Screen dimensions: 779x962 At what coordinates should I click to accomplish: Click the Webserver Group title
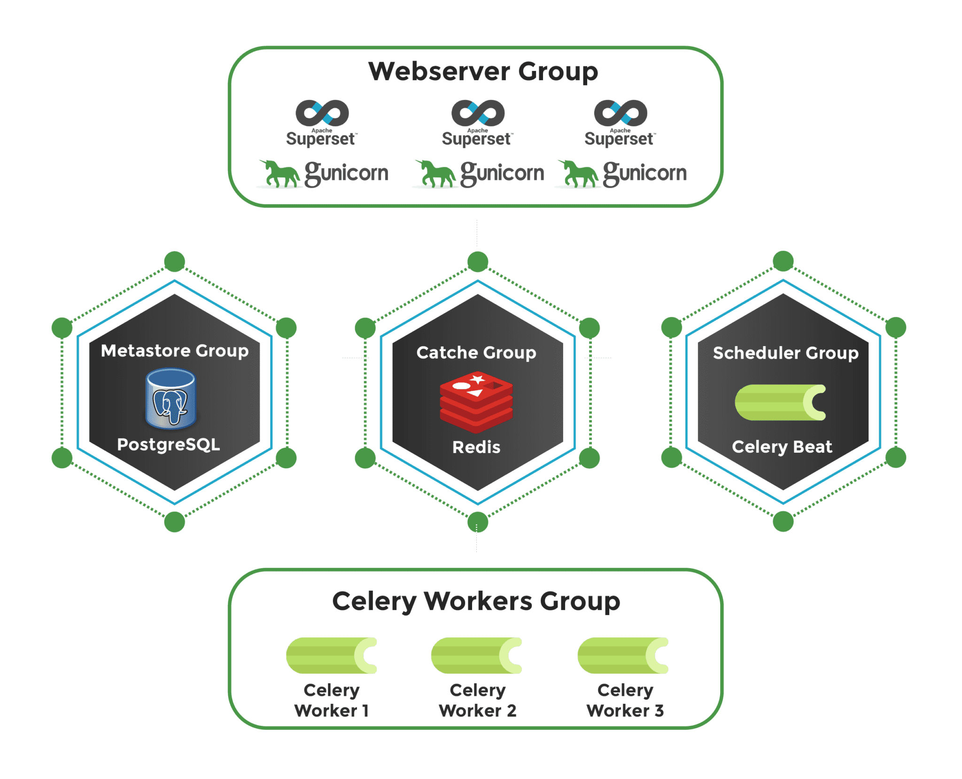click(483, 71)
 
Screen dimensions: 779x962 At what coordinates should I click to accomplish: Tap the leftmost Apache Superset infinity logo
click(322, 113)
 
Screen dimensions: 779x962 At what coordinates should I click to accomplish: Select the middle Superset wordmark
click(476, 139)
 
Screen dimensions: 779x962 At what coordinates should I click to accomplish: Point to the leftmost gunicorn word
click(347, 173)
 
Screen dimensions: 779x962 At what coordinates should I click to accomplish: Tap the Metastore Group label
click(174, 350)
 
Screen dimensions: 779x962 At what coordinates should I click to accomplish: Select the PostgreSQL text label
click(168, 444)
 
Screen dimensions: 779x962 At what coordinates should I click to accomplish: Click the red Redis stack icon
click(476, 401)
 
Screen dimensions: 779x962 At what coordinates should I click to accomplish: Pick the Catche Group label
click(476, 352)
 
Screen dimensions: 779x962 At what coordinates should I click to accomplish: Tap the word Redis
click(476, 447)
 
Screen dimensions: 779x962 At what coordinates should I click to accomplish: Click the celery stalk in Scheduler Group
click(780, 402)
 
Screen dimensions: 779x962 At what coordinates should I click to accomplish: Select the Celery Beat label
click(782, 446)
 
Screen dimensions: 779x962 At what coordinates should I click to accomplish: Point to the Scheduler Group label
click(785, 353)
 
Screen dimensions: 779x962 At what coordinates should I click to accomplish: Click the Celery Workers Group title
click(476, 601)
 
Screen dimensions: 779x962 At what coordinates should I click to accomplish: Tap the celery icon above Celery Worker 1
click(332, 655)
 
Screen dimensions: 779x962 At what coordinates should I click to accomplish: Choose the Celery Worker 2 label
click(477, 700)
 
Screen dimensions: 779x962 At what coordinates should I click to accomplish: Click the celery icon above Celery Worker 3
click(623, 655)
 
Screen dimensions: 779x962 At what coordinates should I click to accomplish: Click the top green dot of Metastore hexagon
click(174, 261)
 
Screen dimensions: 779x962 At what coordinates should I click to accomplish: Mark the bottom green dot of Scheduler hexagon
click(783, 521)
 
